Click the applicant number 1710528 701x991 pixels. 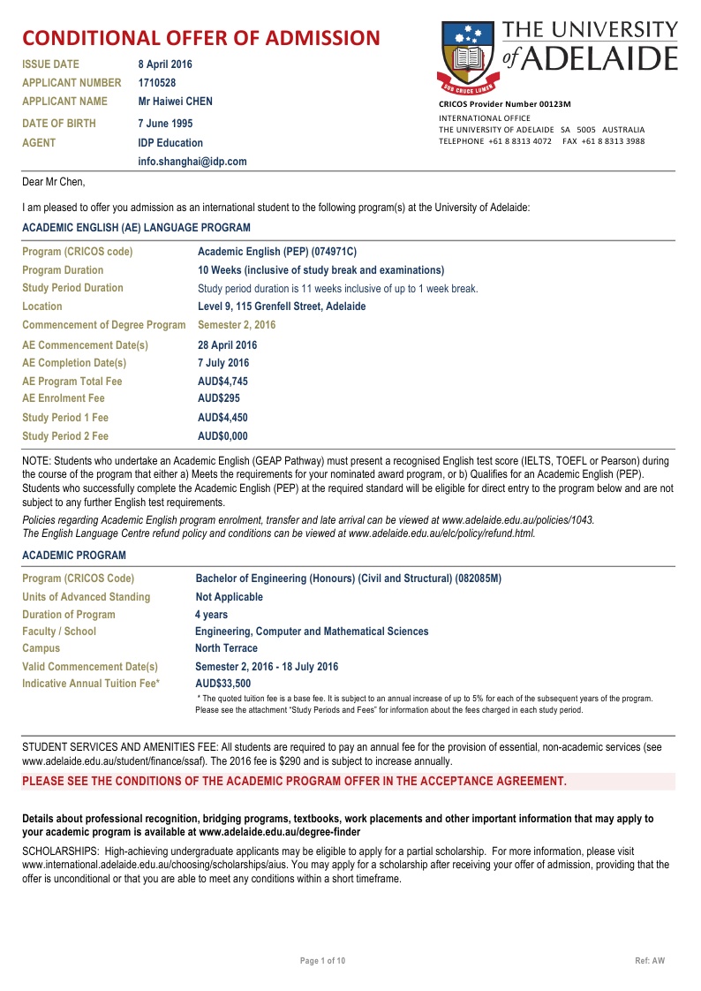tap(157, 83)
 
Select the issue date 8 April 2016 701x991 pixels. tap(165, 64)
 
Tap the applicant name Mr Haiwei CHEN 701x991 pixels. tap(176, 102)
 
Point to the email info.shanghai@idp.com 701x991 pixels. tap(192, 162)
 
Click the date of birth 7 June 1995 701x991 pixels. tap(165, 124)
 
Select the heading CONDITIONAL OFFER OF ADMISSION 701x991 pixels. tap(201, 38)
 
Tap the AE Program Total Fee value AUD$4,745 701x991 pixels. tap(222, 382)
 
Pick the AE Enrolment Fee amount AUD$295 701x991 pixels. tap(218, 398)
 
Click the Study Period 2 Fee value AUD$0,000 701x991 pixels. tap(222, 436)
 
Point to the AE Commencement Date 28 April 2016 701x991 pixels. tap(227, 345)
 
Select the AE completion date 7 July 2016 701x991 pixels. tap(223, 363)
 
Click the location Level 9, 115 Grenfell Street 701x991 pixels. tap(282, 306)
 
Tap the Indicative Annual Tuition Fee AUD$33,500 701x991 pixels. tap(222, 683)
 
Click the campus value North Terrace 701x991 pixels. tap(226, 648)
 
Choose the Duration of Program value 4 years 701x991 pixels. tap(211, 615)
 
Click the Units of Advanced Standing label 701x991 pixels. tap(86, 597)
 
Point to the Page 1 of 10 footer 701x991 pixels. tap(323, 960)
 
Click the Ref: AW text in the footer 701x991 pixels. tap(650, 960)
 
